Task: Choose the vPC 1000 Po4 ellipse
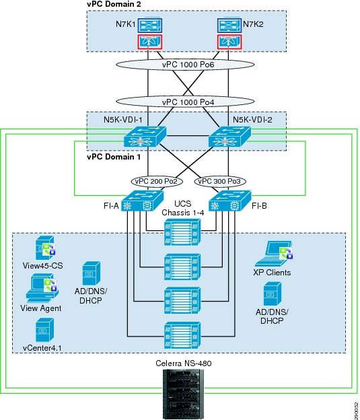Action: point(188,102)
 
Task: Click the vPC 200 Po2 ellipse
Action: point(155,182)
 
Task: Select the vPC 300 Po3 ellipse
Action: point(219,182)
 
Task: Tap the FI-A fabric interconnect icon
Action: point(143,201)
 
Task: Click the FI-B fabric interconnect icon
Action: point(232,201)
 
